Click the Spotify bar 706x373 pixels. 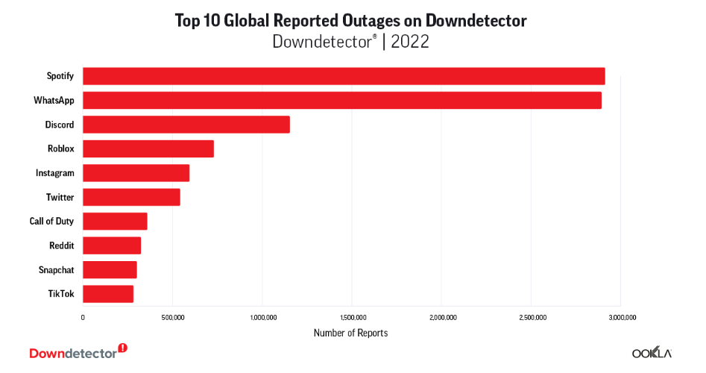click(x=343, y=76)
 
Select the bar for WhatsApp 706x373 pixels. click(x=341, y=100)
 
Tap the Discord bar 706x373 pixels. click(x=186, y=125)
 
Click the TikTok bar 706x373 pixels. click(x=108, y=294)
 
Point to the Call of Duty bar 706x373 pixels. click(x=115, y=221)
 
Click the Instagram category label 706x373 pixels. click(x=55, y=173)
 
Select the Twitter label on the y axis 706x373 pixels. click(x=60, y=197)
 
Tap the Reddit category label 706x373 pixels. click(x=61, y=245)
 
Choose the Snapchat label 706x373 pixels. click(x=57, y=269)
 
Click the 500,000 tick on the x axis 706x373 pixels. click(x=172, y=317)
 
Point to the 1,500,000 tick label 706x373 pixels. click(x=352, y=317)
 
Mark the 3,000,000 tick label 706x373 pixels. click(x=621, y=317)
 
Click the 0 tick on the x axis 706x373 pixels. click(x=83, y=317)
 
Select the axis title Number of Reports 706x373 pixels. click(x=350, y=333)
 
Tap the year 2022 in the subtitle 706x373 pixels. click(x=410, y=42)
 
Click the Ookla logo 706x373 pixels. click(x=652, y=353)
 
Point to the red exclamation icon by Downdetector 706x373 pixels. click(x=123, y=348)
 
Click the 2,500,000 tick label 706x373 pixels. click(x=532, y=317)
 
